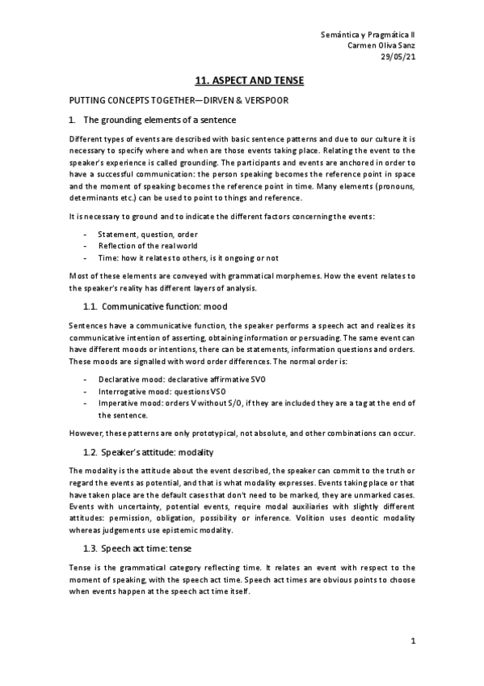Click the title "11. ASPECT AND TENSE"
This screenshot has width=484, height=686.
(242, 82)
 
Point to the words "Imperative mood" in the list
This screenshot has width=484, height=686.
(128, 403)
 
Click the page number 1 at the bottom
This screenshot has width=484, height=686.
(412, 642)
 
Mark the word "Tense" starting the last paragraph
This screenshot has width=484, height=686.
(81, 567)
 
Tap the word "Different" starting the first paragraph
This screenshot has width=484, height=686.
(88, 138)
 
